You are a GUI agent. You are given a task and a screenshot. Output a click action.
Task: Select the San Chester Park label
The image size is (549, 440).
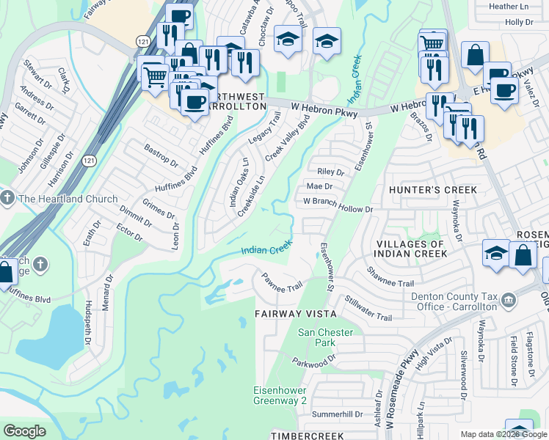point(325,337)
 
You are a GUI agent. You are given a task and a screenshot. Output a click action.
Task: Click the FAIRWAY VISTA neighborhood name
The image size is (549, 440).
point(295,313)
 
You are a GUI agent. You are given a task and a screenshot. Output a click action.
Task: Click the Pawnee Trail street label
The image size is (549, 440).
point(282,281)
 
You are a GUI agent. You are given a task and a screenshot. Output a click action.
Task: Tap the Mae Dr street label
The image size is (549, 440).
point(319,187)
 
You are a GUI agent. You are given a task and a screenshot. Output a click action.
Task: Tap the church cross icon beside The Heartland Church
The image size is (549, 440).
point(7,199)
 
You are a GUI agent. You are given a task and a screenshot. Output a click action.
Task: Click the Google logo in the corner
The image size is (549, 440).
point(24,431)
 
